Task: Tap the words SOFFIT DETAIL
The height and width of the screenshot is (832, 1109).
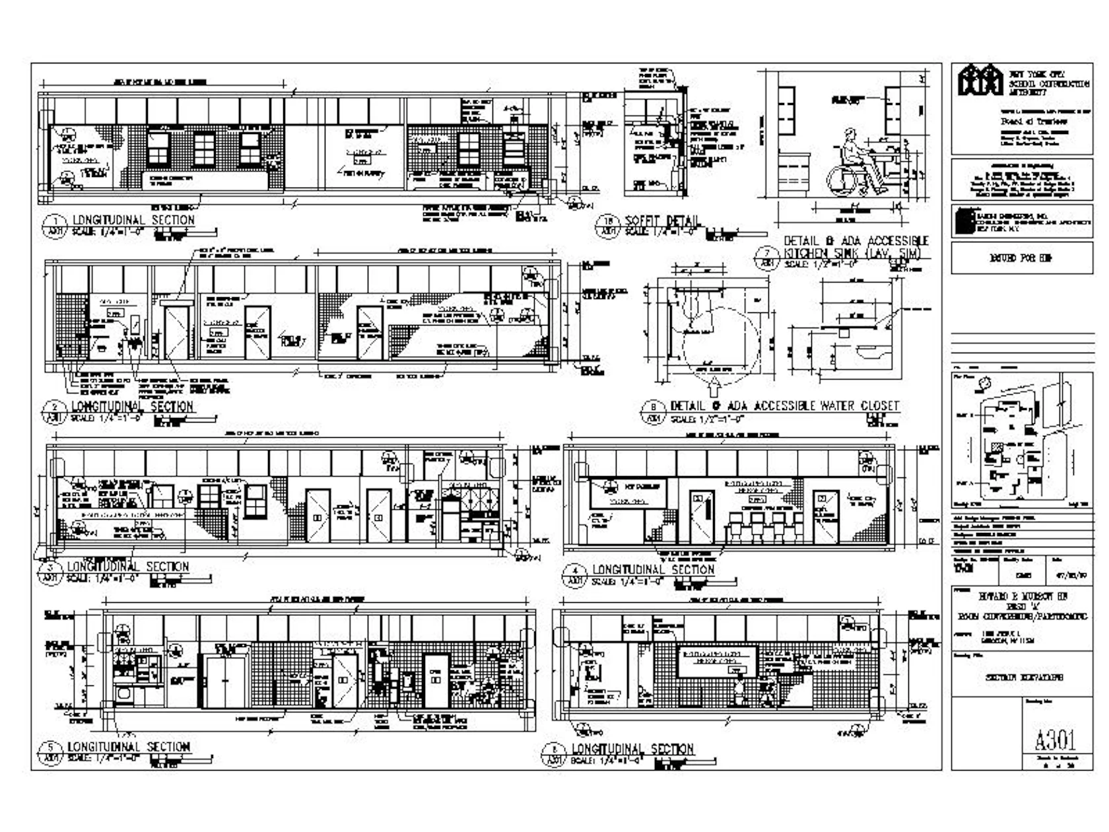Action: coord(661,221)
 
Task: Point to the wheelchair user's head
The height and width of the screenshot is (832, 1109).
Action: coord(851,137)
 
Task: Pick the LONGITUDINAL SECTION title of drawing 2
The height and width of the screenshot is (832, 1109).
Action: coord(132,406)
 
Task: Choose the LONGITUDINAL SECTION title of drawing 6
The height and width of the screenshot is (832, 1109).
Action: coord(632,749)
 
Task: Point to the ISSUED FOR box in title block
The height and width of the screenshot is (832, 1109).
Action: coord(1021,258)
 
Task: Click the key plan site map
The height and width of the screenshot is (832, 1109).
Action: coord(1013,439)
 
